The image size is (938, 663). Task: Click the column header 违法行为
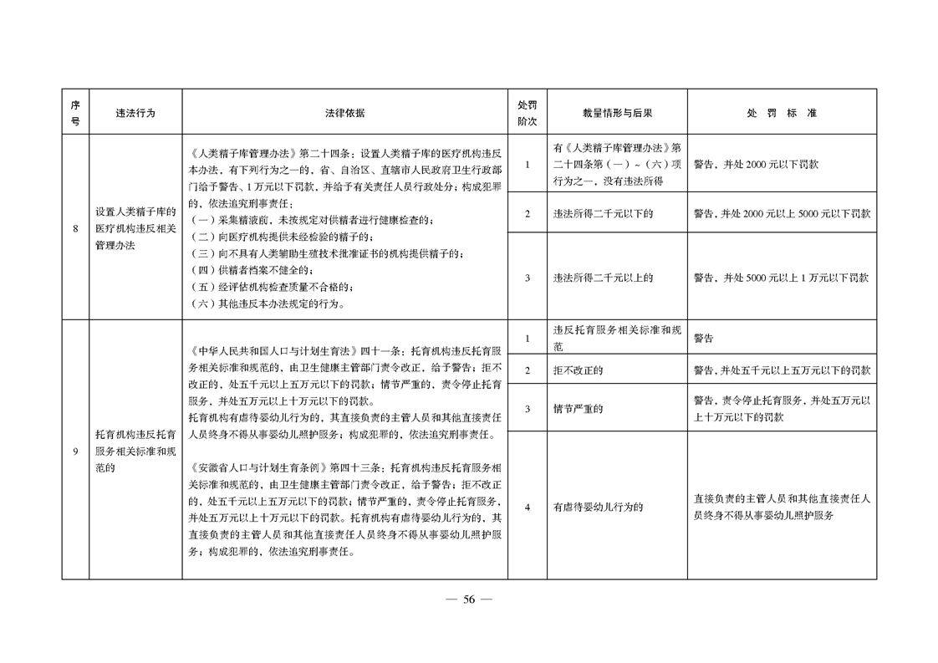point(135,112)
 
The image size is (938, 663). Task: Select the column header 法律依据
point(344,112)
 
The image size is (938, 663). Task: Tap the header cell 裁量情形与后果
point(617,112)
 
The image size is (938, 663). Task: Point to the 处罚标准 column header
point(782,112)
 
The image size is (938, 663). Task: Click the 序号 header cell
point(75,112)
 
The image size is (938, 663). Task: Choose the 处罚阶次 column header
point(527,112)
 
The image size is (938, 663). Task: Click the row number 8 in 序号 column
point(75,227)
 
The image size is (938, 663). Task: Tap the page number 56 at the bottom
point(469,599)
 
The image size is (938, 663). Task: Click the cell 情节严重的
point(578,409)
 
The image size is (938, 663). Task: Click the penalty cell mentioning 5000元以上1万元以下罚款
point(781,278)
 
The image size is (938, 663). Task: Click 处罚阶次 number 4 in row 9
point(527,506)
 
